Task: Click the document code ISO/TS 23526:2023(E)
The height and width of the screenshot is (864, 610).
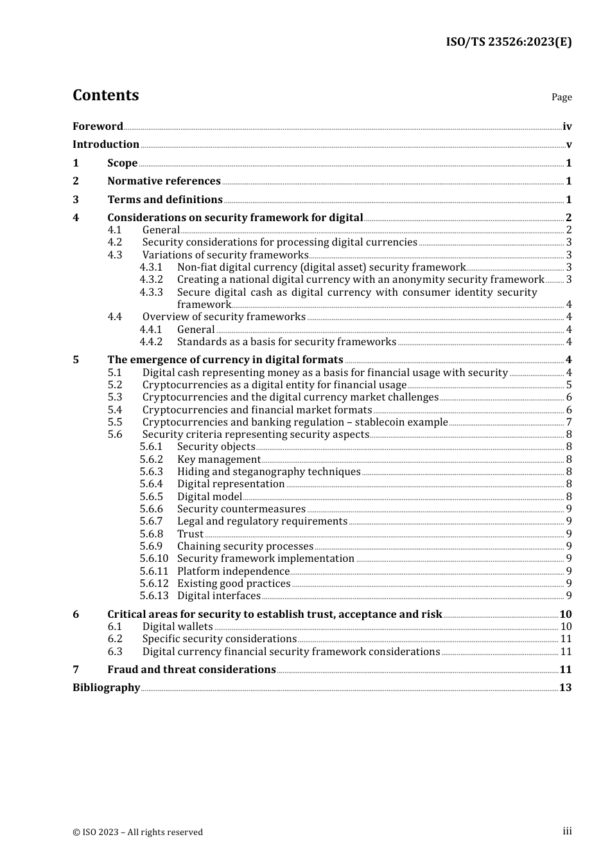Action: pyautogui.click(x=509, y=42)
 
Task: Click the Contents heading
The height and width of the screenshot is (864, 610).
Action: pyautogui.click(x=105, y=95)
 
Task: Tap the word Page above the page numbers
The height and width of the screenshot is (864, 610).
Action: pyautogui.click(x=561, y=97)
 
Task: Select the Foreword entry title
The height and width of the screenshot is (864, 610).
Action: pyautogui.click(x=98, y=126)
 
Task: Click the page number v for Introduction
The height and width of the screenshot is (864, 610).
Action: pyautogui.click(x=569, y=145)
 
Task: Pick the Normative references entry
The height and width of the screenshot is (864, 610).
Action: pyautogui.click(x=164, y=181)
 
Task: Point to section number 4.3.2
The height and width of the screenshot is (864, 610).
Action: pyautogui.click(x=152, y=280)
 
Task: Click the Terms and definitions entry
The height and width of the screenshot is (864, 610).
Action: pyautogui.click(x=165, y=200)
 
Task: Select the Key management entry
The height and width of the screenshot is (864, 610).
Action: pyautogui.click(x=219, y=460)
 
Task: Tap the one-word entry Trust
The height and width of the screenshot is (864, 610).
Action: pyautogui.click(x=190, y=534)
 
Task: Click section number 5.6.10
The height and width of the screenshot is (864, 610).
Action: pyautogui.click(x=154, y=559)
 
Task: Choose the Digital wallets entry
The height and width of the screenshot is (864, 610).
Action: pyautogui.click(x=177, y=627)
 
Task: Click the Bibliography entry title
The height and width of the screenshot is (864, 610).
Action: pyautogui.click(x=106, y=688)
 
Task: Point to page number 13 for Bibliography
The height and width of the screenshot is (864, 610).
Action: pyautogui.click(x=565, y=688)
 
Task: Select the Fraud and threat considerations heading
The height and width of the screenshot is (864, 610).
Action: pyautogui.click(x=191, y=670)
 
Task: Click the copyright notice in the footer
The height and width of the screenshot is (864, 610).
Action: pyautogui.click(x=137, y=833)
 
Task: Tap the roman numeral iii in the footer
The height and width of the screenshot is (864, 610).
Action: pyautogui.click(x=567, y=831)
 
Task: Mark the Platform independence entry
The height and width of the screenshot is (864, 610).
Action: pyautogui.click(x=233, y=571)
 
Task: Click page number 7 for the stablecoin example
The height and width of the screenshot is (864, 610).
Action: pyautogui.click(x=569, y=422)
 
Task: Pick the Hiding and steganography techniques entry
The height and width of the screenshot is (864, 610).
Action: pyautogui.click(x=268, y=472)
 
